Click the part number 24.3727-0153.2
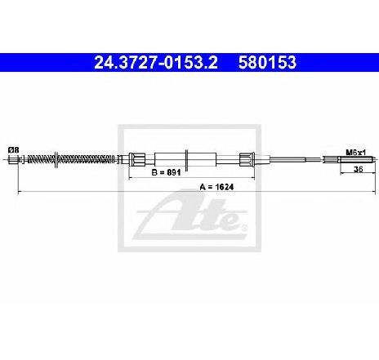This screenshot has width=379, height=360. click(156, 62)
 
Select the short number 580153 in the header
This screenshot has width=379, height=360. click(267, 62)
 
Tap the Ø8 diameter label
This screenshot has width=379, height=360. click(14, 150)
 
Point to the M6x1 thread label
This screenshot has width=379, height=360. click(356, 153)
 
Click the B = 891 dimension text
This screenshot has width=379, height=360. click(166, 172)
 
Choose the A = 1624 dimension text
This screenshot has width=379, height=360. click(216, 187)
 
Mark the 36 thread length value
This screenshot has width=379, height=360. click(358, 169)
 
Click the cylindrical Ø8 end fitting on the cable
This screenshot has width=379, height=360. click(13, 159)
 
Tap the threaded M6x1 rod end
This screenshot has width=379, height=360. click(357, 159)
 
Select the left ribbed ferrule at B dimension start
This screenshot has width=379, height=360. click(137, 159)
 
